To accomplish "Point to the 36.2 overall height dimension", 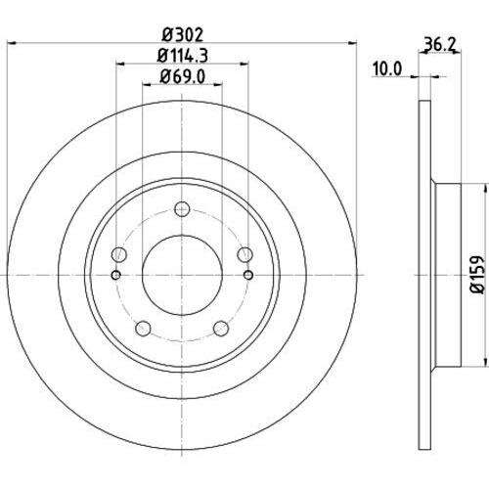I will click(x=440, y=44).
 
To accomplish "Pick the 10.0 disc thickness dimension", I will click(x=388, y=68).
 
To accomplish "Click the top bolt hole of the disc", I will click(x=181, y=207).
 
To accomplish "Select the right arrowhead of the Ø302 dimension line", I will click(x=349, y=42).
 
